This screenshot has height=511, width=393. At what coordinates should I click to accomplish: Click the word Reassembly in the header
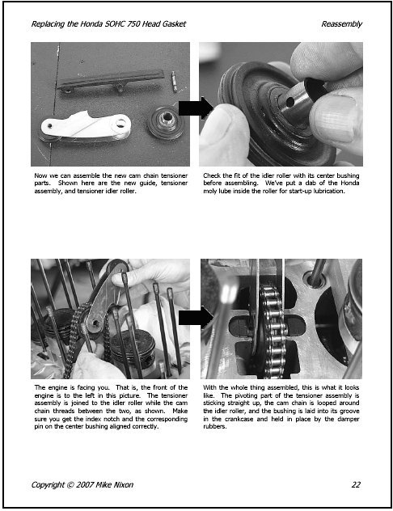tap(341, 24)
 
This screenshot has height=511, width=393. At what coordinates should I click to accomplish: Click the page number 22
tap(356, 484)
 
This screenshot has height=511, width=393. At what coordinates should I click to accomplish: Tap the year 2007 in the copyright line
tap(85, 484)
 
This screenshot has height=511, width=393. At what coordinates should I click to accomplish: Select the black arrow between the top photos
tap(196, 108)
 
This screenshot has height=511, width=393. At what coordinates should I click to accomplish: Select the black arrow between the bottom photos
tap(196, 317)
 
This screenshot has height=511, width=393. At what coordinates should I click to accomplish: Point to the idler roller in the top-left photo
tap(166, 123)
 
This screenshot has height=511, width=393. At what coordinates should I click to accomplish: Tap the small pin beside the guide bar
tap(174, 82)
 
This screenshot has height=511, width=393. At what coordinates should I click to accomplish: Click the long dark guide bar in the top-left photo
tap(111, 81)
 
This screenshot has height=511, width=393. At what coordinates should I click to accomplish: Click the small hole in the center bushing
tap(289, 103)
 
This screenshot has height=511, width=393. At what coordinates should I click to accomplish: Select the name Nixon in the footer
tap(123, 484)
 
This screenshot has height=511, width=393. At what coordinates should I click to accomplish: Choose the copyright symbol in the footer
tap(70, 484)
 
